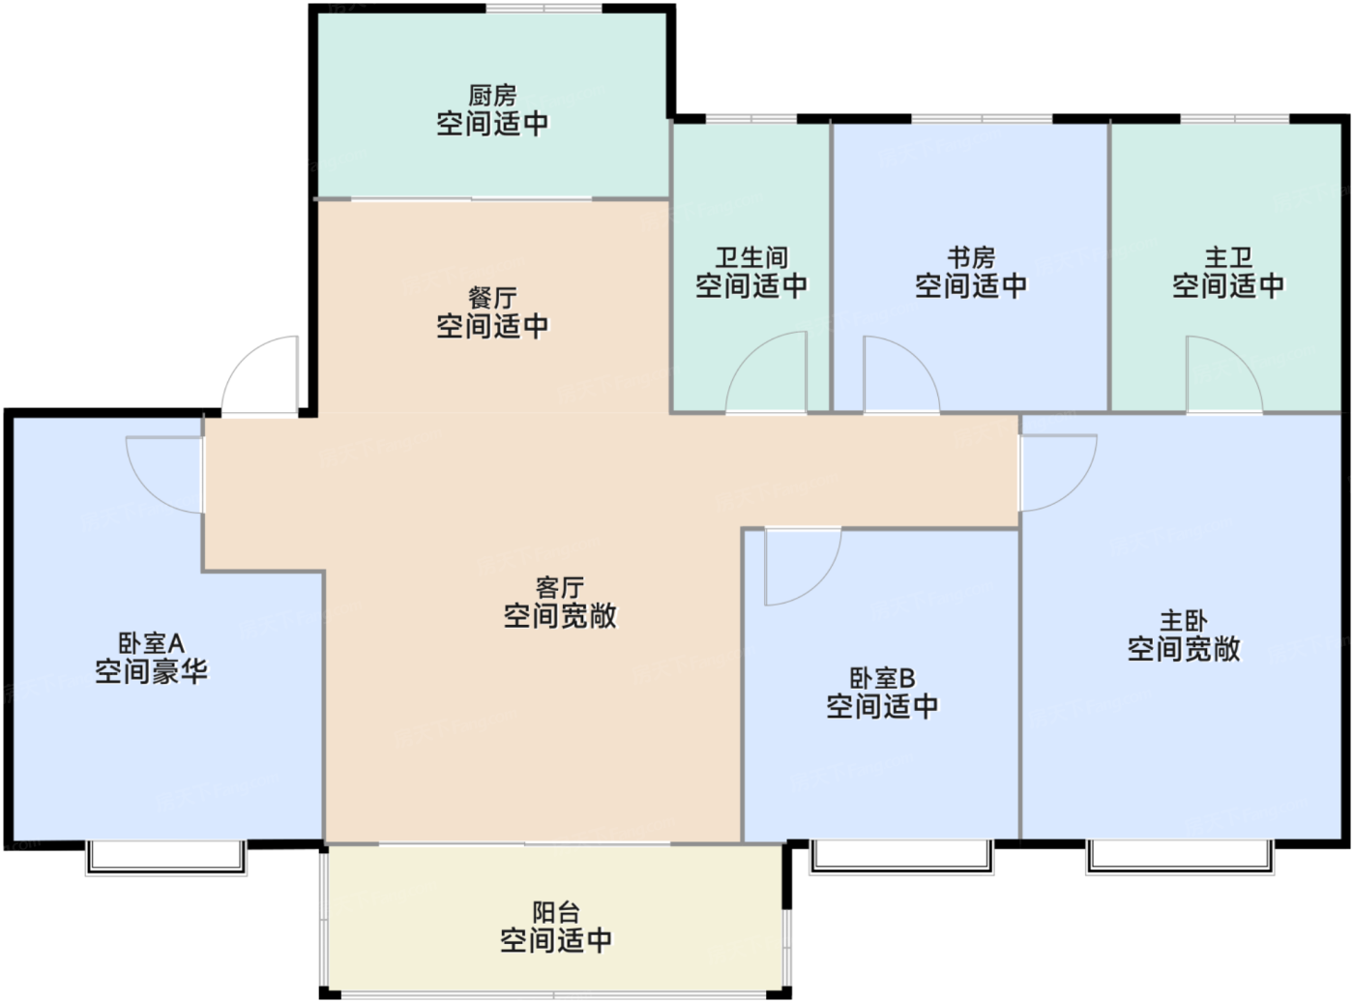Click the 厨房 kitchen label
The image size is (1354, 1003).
pyautogui.click(x=492, y=96)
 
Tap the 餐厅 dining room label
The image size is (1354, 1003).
pyautogui.click(x=492, y=298)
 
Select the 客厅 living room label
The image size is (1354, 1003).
pyautogui.click(x=559, y=588)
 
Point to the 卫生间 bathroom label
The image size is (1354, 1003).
pyautogui.click(x=751, y=257)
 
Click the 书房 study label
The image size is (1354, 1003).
pyautogui.click(x=971, y=257)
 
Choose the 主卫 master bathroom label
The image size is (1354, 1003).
pyautogui.click(x=1228, y=257)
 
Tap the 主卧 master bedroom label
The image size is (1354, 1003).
pyautogui.click(x=1183, y=621)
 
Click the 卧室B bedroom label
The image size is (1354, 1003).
pyautogui.click(x=882, y=678)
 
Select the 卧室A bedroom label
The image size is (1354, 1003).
pyautogui.click(x=151, y=643)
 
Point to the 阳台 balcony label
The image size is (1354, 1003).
pyautogui.click(x=556, y=912)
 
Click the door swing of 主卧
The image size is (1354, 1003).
pyautogui.click(x=1055, y=470)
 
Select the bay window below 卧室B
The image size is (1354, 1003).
pyautogui.click(x=901, y=856)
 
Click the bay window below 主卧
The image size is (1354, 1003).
pyautogui.click(x=1180, y=856)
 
